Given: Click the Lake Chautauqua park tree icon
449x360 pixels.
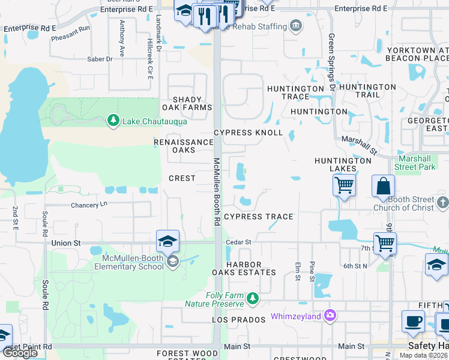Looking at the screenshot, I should tap(113, 121).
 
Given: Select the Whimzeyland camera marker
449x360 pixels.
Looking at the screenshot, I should tap(328, 315).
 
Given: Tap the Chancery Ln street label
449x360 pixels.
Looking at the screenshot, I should tap(88, 205).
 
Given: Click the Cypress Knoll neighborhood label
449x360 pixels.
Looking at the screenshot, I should tap(249, 133).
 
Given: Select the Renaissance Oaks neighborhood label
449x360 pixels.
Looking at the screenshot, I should tap(184, 146).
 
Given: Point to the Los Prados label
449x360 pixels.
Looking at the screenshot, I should tap(238, 320).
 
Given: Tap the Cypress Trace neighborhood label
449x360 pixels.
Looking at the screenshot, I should tap(258, 217).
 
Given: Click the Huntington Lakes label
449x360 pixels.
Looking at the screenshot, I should tap(343, 164).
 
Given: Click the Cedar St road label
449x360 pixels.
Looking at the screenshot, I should tap(238, 242).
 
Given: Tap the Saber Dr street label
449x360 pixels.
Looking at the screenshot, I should tap(100, 59).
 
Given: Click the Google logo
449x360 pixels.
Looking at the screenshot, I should tap(20, 352).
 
